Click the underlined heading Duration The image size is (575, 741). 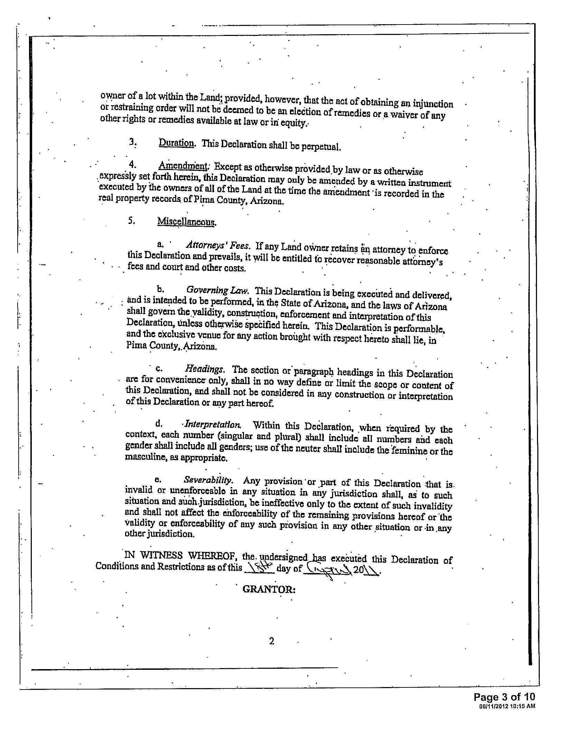coord(176,143)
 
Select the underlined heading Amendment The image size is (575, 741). coord(182,166)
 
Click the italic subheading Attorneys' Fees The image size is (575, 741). coord(218,246)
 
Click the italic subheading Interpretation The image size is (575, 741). coord(213,424)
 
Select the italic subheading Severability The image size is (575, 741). coord(208,480)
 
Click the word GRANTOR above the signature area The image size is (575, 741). coord(269,589)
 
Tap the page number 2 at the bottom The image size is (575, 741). coord(271,641)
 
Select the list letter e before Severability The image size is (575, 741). coord(158,479)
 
